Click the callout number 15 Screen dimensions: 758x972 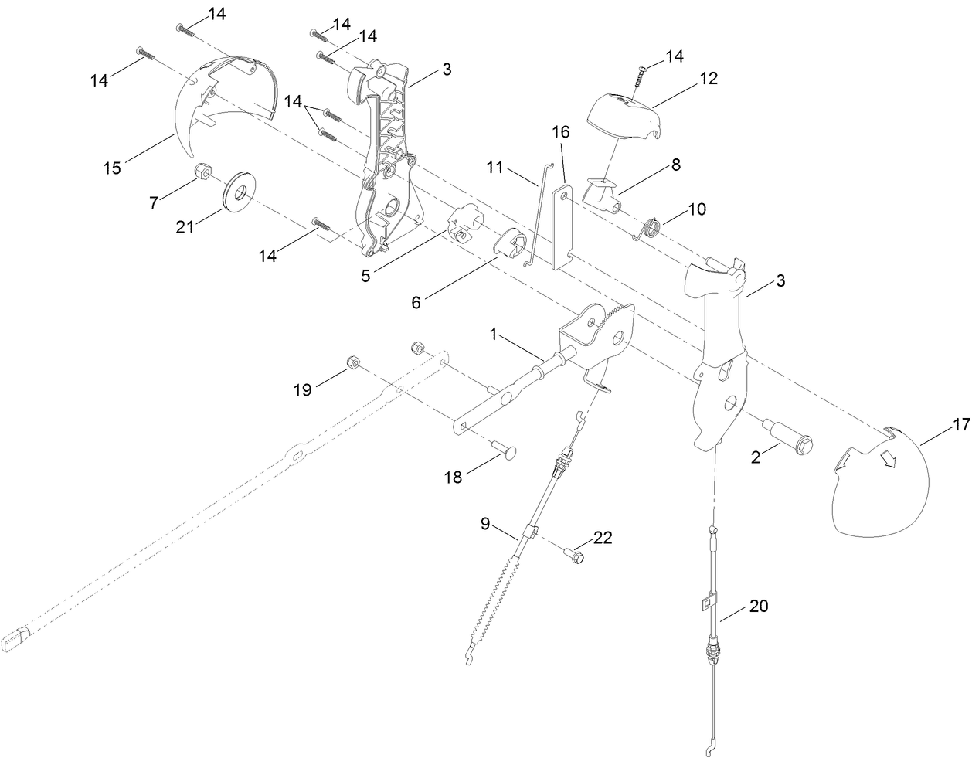coord(112,168)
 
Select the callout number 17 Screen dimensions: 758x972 coord(960,424)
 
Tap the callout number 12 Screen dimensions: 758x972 coord(709,78)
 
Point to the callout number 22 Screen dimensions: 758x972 coord(602,538)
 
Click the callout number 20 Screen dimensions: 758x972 coord(760,607)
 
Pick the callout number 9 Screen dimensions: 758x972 coord(486,523)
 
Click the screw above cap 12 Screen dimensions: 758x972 coord(641,77)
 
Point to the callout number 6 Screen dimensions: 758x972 coord(416,302)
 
